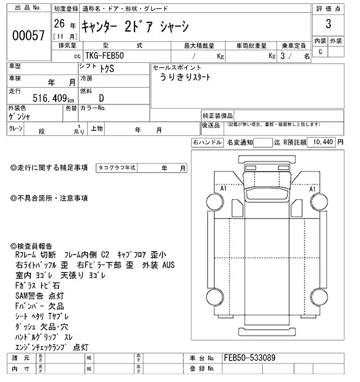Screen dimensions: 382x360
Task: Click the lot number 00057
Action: (x=28, y=35)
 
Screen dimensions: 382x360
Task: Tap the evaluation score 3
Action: (x=327, y=25)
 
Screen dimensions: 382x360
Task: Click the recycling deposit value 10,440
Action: (x=322, y=143)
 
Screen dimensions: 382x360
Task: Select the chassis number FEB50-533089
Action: (x=249, y=357)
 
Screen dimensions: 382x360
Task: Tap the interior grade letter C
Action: (x=321, y=52)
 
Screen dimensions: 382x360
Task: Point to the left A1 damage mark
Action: (x=223, y=189)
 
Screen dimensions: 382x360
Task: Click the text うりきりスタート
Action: (x=185, y=79)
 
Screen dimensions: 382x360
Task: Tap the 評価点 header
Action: (x=328, y=8)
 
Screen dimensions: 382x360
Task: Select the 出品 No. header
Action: (x=28, y=8)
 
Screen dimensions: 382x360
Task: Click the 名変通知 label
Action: (x=240, y=143)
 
